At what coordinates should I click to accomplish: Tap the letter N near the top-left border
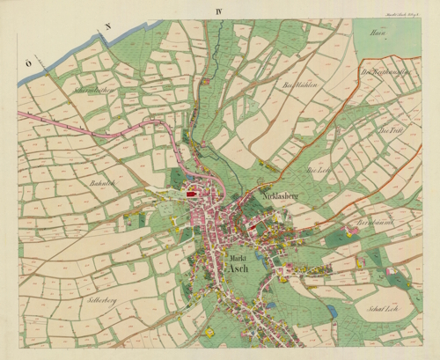coord(106,27)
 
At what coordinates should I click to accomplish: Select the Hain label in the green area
coord(381,34)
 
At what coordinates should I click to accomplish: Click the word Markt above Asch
coord(237,258)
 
